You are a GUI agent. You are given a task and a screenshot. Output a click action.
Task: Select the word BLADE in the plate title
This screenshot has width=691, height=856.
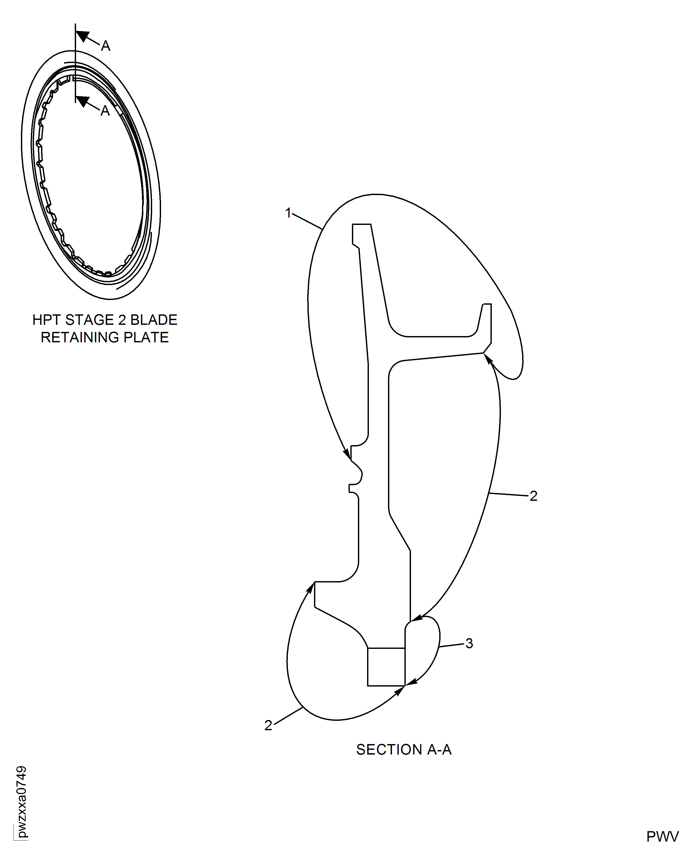(x=154, y=320)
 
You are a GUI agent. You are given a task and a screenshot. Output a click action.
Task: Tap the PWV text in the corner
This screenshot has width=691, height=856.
(x=662, y=837)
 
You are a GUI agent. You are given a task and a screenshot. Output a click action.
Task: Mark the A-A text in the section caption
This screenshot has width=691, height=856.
(x=439, y=750)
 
